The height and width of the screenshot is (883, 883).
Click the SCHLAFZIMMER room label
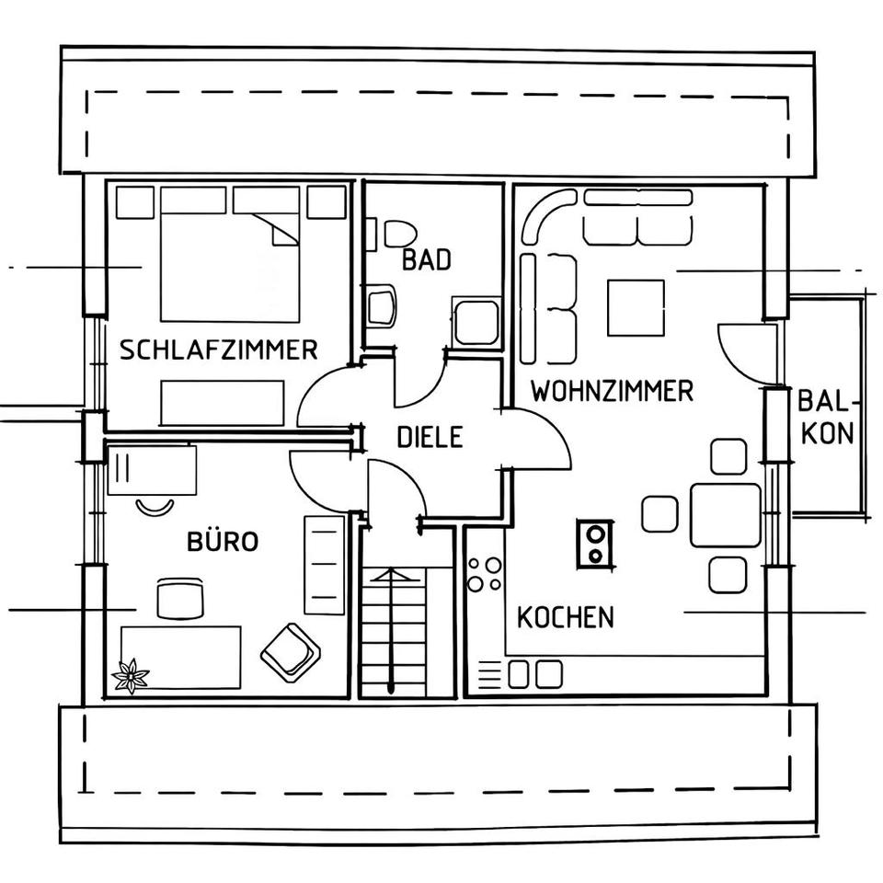(219, 350)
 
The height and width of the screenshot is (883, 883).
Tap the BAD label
(427, 260)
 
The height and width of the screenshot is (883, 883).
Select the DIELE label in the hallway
(430, 437)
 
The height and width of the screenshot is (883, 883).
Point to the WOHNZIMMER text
(612, 392)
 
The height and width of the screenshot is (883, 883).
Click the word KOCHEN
(565, 617)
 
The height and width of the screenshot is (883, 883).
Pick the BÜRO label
(223, 542)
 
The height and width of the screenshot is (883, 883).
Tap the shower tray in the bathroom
(476, 322)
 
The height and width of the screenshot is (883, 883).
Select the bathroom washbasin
(381, 306)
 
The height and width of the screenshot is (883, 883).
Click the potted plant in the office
(130, 676)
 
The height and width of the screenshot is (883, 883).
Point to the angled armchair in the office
(291, 652)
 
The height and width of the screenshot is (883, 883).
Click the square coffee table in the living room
(636, 308)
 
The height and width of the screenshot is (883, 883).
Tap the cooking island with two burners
(596, 543)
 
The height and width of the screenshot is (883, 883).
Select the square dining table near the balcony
(726, 515)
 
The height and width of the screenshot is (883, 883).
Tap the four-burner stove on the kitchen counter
(485, 574)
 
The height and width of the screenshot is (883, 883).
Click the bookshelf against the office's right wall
(324, 565)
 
